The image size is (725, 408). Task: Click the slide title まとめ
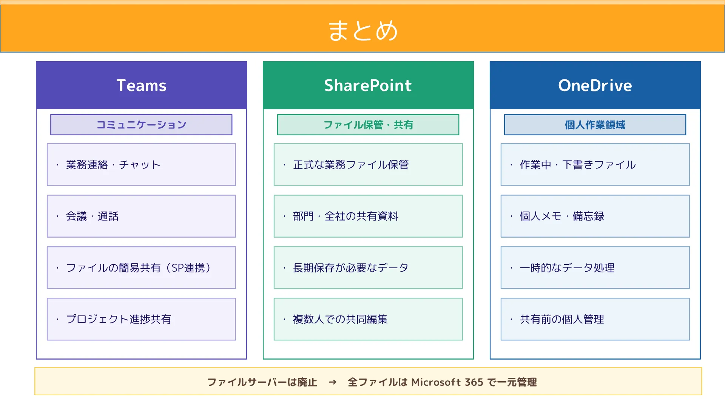point(362,30)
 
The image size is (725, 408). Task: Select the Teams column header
point(141,85)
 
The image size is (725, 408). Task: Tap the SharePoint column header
point(368,85)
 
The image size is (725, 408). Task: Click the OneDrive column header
point(595,85)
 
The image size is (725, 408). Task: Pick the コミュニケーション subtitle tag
point(141,125)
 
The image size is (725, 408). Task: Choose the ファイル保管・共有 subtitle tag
point(368,125)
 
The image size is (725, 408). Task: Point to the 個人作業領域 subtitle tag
point(595,125)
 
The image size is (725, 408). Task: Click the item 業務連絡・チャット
point(113,165)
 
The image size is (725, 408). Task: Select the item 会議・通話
point(92,216)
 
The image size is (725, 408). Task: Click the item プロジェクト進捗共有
point(119,319)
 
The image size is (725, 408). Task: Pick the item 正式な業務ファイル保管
point(351,165)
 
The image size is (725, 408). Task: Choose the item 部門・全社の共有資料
point(346,216)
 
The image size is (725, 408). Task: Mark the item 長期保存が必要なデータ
point(350,268)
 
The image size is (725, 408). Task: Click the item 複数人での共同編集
point(340,319)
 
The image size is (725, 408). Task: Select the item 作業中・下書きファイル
point(578,165)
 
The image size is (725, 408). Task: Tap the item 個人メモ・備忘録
point(561,216)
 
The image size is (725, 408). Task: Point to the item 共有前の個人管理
point(561,319)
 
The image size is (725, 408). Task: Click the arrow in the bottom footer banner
point(332,382)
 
